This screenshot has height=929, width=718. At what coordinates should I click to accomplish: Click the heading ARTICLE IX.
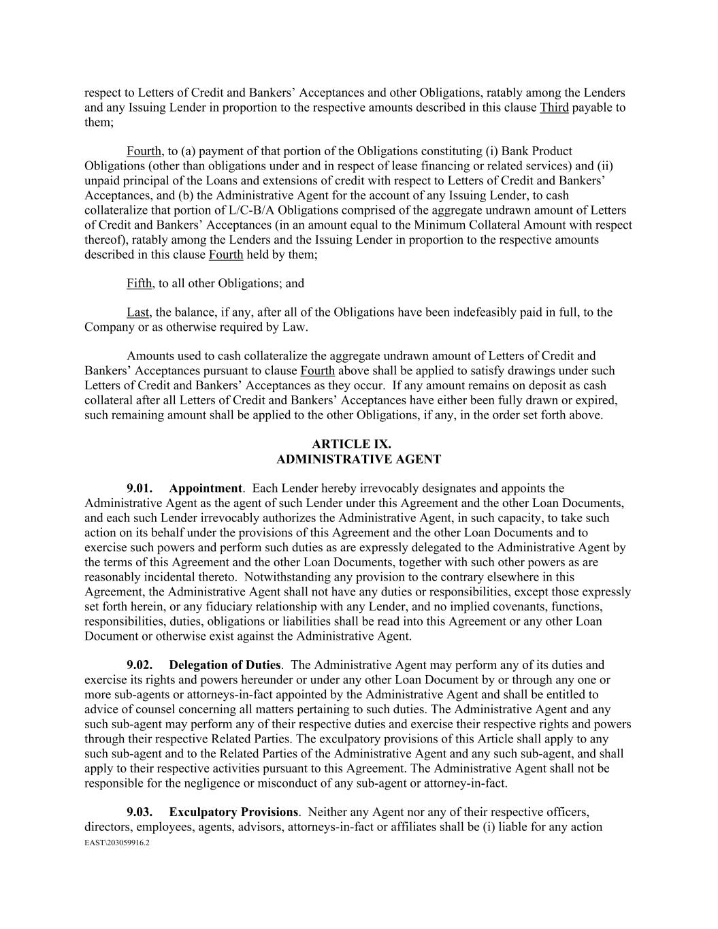tap(358, 444)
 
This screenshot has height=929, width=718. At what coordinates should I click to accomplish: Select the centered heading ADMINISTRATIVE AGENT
tap(358, 459)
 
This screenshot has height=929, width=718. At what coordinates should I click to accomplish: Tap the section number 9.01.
tap(139, 489)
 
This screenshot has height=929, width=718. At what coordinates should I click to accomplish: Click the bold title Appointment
tap(205, 489)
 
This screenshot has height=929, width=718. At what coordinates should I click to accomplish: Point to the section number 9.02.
tap(139, 665)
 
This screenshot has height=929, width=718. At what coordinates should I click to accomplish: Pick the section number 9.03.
tap(139, 812)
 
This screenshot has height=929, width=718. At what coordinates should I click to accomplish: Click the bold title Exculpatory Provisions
tap(233, 812)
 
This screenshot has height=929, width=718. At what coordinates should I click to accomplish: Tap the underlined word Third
tap(554, 108)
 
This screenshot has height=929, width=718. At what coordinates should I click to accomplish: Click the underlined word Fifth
tap(139, 283)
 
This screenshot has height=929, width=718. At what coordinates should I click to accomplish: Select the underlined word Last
tap(137, 312)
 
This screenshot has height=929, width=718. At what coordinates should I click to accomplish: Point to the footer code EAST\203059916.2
tap(116, 843)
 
